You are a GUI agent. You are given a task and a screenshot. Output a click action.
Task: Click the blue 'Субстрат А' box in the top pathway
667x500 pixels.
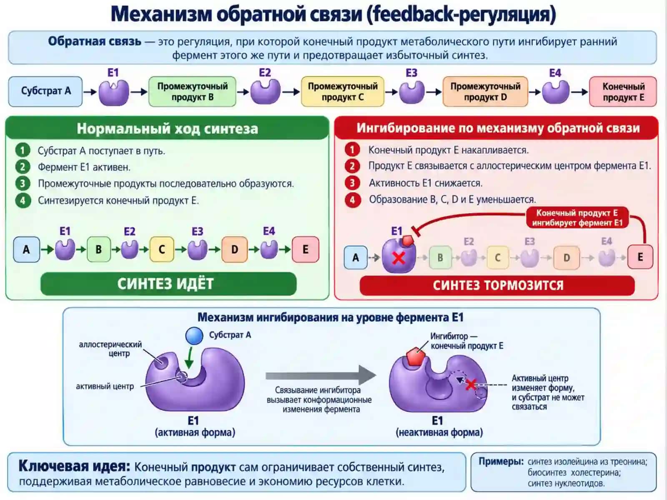(45, 91)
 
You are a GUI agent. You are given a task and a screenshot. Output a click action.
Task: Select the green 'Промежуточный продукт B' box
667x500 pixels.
(192, 91)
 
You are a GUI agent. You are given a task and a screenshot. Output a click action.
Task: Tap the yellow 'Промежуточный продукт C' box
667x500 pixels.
(343, 91)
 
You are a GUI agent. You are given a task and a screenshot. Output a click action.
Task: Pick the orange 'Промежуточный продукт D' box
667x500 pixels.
(485, 91)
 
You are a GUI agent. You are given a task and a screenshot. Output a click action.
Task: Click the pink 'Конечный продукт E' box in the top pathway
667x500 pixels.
(623, 91)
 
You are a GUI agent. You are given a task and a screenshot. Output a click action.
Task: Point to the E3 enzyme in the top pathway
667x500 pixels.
(412, 92)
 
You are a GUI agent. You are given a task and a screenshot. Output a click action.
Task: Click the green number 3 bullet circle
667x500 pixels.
(23, 183)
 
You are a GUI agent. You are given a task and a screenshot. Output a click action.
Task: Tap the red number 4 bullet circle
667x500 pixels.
(353, 200)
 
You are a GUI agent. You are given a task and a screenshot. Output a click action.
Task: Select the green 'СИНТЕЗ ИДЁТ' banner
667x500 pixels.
(168, 284)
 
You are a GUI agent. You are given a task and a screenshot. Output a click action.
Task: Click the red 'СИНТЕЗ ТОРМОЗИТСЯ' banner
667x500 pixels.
(497, 285)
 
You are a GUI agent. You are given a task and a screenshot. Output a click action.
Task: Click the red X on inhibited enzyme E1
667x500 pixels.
(399, 258)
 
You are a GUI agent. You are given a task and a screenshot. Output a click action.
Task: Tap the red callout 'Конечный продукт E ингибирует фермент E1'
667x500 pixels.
(577, 217)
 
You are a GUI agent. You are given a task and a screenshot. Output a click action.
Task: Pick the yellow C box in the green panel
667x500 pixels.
(162, 249)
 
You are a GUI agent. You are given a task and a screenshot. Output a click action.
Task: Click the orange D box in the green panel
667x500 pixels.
(235, 249)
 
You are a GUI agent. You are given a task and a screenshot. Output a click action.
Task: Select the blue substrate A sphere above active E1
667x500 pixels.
(194, 336)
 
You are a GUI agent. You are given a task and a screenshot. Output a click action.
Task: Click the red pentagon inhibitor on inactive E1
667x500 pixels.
(416, 356)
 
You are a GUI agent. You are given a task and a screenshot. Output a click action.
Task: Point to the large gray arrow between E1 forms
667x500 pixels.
(321, 376)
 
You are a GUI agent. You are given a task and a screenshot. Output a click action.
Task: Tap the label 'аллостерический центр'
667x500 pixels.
(110, 349)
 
